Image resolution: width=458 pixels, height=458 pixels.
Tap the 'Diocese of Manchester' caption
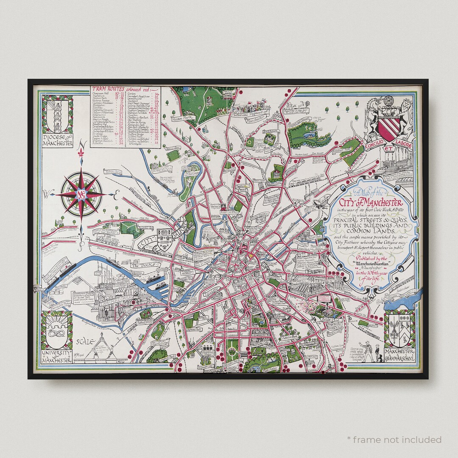57,140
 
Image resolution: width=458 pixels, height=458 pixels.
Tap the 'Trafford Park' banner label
114,302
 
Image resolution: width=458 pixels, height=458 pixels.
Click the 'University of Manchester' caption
56,357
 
